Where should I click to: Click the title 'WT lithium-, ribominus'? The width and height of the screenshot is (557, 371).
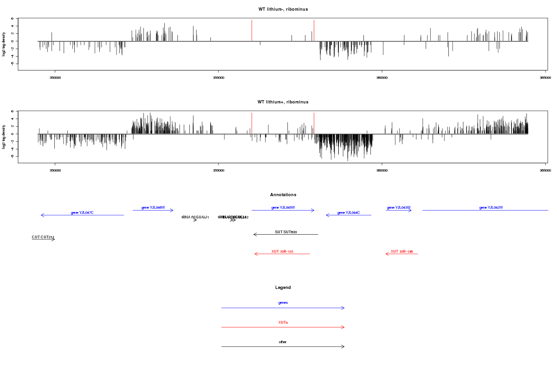coord(283,9)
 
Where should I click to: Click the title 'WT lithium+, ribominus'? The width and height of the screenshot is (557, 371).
coord(283,102)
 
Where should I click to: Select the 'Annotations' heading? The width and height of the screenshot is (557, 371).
coord(283,195)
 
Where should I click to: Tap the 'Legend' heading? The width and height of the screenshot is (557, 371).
coord(283,288)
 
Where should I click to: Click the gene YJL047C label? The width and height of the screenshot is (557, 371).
coord(82,212)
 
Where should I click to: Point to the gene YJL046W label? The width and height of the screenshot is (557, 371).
coord(153,208)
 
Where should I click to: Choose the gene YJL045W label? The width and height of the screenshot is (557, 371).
coord(283,208)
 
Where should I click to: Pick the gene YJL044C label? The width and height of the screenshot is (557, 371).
coord(349,212)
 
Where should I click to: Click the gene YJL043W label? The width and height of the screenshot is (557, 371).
coord(399,208)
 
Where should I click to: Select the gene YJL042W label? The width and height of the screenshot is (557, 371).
coord(491,208)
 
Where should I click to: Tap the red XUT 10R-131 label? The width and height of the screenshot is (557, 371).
coord(283,251)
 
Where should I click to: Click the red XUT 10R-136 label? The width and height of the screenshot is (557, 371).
coord(402,251)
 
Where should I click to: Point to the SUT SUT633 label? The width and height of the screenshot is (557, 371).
coord(285,231)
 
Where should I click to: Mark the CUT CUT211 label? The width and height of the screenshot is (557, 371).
coord(43,237)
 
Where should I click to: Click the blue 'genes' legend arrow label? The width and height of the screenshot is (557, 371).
coord(283,302)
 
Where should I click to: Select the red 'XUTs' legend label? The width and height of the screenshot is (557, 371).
coord(283,322)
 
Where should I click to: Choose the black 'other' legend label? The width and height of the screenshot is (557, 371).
coord(283,342)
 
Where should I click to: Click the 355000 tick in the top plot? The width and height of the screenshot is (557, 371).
coord(218,78)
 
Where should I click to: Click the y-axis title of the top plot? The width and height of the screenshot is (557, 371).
coord(4,44)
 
